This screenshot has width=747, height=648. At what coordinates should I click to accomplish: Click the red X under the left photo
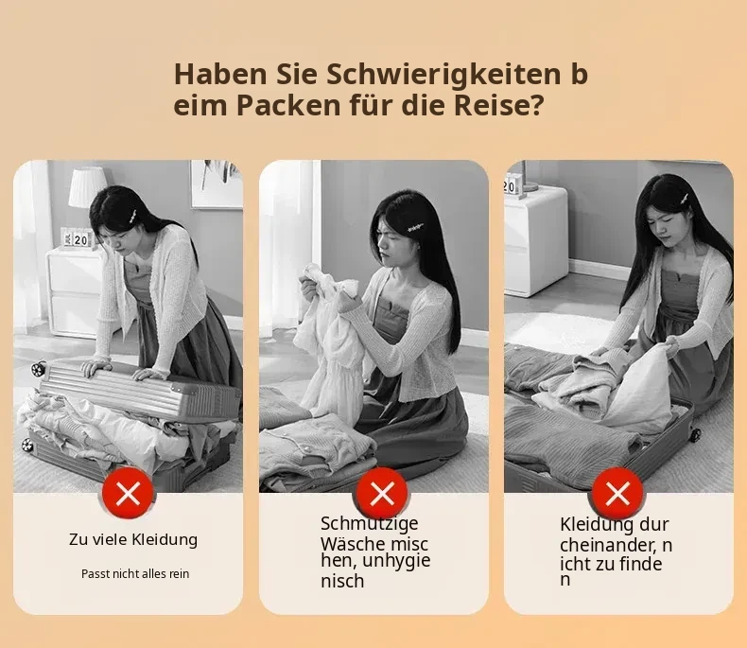[128, 493]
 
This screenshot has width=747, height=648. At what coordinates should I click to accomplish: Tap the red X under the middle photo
[382, 493]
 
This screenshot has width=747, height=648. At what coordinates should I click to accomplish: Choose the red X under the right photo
[617, 493]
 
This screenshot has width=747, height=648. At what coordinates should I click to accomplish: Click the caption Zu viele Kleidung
[133, 539]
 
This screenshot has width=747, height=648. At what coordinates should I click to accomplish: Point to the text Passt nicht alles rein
[135, 573]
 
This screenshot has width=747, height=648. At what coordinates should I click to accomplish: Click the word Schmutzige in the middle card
[369, 524]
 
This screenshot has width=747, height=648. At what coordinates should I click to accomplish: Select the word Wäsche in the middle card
[353, 543]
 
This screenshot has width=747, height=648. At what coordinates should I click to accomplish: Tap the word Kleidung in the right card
[597, 524]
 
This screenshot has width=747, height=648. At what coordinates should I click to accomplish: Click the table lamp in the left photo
[87, 188]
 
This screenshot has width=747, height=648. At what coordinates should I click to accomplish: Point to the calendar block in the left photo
[77, 238]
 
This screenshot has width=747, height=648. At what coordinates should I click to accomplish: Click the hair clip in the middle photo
[415, 230]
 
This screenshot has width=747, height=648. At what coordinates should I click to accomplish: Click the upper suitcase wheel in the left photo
[38, 368]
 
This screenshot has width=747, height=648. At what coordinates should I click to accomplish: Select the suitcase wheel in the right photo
[695, 434]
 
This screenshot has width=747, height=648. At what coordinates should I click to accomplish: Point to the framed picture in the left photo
[217, 184]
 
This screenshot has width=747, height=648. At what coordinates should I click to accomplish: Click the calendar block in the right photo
[512, 185]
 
